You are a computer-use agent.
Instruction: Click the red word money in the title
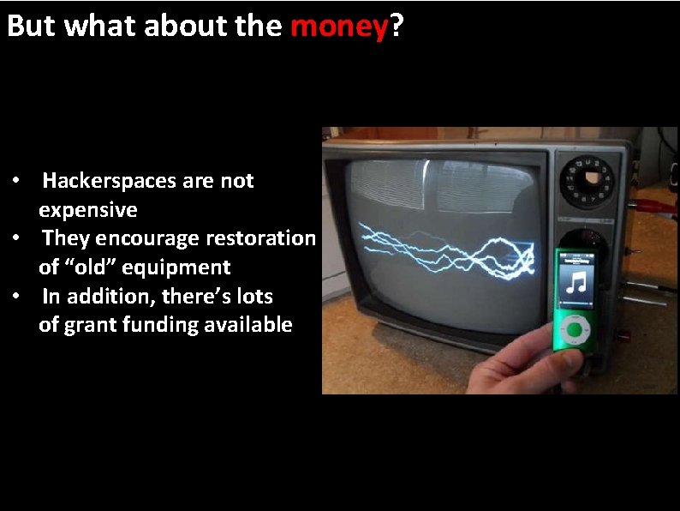pos(339,27)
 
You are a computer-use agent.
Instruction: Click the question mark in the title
pos(397,27)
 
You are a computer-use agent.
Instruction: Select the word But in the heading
pos(31,27)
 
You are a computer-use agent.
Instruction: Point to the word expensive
pos(87,210)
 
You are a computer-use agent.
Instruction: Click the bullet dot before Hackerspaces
pos(16,183)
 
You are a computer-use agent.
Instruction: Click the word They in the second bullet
pos(63,238)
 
